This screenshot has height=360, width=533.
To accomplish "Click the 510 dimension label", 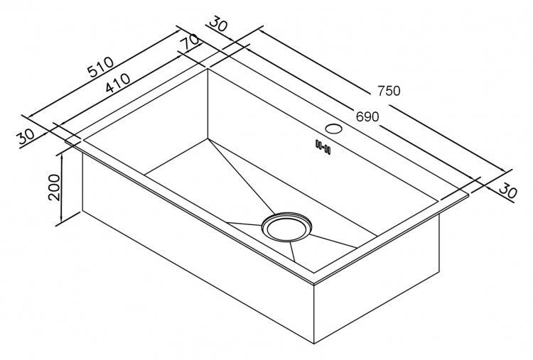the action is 101,67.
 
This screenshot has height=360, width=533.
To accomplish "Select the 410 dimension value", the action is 117,84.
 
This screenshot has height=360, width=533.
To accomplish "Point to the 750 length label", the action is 389,91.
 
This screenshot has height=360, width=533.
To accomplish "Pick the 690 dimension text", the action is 367,116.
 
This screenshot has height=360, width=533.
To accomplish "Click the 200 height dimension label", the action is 55,187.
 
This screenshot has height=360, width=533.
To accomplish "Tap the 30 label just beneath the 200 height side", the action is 26,136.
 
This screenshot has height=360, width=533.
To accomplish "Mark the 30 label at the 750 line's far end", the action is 508,191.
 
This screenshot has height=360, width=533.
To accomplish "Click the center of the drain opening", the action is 286,227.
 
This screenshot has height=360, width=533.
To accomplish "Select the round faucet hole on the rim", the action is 333,129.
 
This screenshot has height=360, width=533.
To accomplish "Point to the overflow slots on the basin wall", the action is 323,146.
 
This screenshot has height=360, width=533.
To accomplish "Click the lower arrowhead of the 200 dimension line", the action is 62,220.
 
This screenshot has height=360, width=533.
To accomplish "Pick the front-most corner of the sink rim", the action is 314,282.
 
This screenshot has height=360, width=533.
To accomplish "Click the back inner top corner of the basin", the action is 208,69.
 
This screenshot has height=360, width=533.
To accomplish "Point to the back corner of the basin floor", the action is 208,138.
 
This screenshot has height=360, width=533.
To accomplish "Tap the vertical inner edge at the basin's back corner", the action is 208,104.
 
